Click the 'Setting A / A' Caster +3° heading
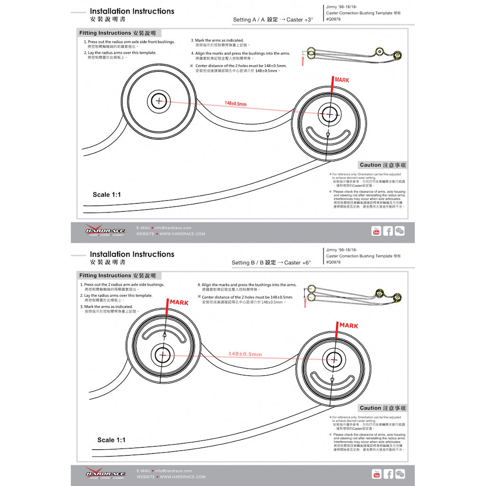(273, 20)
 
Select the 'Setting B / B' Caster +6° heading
(271, 262)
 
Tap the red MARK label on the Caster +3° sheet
(342, 80)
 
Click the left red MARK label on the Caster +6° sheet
(179, 302)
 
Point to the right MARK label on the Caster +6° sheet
(349, 326)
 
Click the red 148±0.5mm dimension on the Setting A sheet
(235, 103)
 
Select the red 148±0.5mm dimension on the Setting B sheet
(245, 354)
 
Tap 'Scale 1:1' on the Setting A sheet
(107, 195)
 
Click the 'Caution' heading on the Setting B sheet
(382, 408)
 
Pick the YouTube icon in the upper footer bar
(376, 231)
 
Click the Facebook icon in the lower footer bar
(388, 474)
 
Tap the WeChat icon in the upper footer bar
(400, 231)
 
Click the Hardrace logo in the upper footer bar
(105, 231)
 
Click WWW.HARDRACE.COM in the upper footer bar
(182, 234)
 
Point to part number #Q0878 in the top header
(333, 19)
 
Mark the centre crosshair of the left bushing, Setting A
(158, 100)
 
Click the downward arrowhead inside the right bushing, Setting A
(328, 135)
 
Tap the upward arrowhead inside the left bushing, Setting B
(164, 335)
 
